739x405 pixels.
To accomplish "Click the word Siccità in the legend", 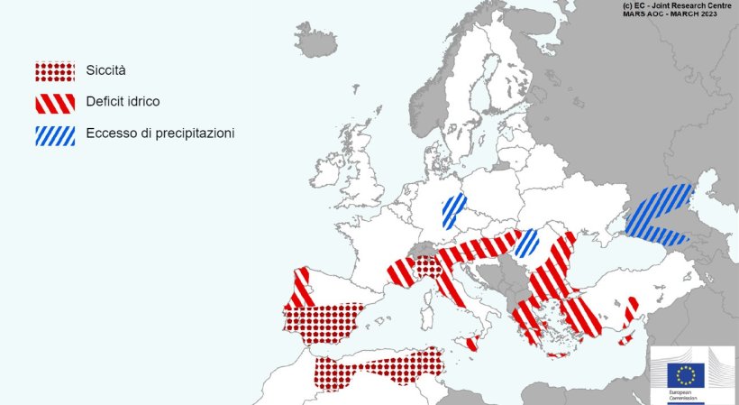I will (x=106, y=70).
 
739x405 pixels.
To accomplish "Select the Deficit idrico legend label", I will (x=123, y=102).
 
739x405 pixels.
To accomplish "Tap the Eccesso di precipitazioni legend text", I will (x=160, y=133).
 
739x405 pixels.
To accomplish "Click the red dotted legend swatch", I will (x=54, y=71).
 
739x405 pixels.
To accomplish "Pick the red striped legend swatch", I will (x=54, y=103).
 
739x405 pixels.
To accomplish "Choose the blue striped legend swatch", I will (x=54, y=134).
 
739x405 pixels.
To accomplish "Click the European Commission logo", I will (x=692, y=374).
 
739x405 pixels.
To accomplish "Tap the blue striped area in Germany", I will (x=453, y=210).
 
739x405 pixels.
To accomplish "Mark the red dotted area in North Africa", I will (x=379, y=368).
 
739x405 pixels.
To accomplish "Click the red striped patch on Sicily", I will (x=470, y=342).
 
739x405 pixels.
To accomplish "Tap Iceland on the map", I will (x=315, y=41).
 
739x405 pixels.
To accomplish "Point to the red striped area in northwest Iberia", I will (x=301, y=286).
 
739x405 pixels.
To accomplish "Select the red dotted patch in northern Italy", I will (x=428, y=265).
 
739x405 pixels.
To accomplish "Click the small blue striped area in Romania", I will (x=526, y=242).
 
